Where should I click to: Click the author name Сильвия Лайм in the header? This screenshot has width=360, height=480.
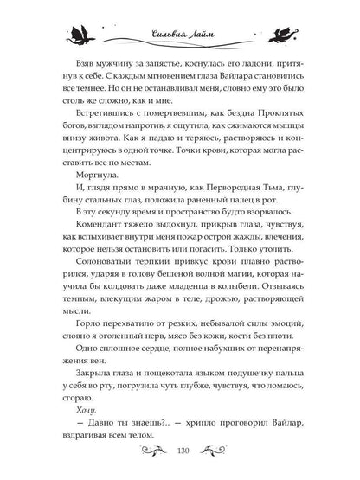(180, 35)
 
